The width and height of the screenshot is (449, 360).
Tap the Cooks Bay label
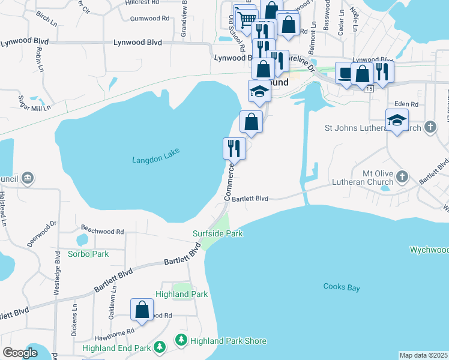pyautogui.click(x=341, y=287)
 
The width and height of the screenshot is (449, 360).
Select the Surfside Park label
pyautogui.click(x=217, y=233)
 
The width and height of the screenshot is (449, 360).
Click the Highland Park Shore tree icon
pyautogui.click(x=181, y=341)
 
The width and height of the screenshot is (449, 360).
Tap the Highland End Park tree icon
pyautogui.click(x=159, y=347)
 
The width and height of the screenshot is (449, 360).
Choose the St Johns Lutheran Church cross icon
pyautogui.click(x=430, y=127)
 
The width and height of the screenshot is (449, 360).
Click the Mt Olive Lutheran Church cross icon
pyautogui.click(x=402, y=177)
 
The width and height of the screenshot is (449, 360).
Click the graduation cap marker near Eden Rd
pyautogui.click(x=397, y=121)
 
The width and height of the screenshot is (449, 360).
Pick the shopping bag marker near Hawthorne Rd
pyautogui.click(x=142, y=310)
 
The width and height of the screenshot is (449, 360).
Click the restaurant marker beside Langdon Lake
pyautogui.click(x=234, y=148)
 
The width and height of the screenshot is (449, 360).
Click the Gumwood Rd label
pyautogui.click(x=149, y=19)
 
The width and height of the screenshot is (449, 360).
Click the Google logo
pyautogui.click(x=20, y=353)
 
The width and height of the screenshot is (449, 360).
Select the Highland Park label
pyautogui.click(x=181, y=294)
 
